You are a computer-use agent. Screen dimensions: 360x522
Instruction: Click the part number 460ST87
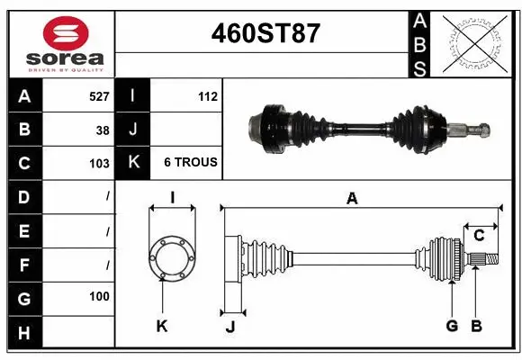[265, 33]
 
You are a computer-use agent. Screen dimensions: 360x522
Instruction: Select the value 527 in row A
[99, 95]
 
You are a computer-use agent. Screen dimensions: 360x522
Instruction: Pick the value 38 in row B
[103, 130]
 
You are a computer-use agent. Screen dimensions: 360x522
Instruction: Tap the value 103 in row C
[99, 164]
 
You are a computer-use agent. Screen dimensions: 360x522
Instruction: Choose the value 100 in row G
[99, 296]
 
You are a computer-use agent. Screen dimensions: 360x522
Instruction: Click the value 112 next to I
[207, 95]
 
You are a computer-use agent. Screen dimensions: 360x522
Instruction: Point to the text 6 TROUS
[190, 163]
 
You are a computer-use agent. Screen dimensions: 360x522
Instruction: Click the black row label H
[23, 333]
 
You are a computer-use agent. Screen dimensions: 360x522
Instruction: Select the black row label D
[23, 197]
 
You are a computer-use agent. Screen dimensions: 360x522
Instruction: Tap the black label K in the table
[133, 163]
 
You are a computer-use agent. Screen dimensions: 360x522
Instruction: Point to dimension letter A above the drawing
[352, 199]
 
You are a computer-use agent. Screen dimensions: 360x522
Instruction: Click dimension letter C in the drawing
[479, 236]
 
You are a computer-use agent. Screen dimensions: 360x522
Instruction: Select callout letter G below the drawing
[452, 326]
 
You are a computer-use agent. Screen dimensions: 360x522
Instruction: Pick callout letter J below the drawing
[229, 327]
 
